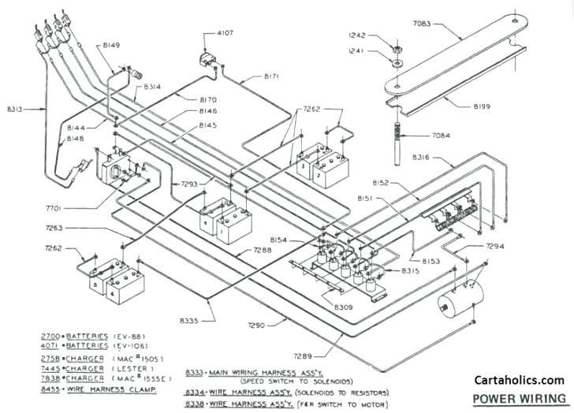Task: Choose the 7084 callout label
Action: point(442,136)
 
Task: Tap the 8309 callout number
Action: point(344,306)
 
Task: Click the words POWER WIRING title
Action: point(518,398)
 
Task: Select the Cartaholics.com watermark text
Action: point(518,379)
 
